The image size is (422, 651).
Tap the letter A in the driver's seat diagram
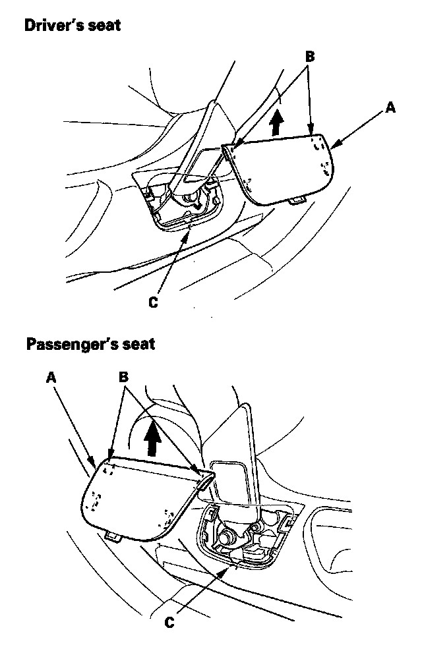pos(391,107)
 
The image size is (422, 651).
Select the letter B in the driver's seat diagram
pos(309,57)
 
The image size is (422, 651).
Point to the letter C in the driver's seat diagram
pos(153,302)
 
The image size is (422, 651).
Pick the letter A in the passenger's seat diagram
pos(51,377)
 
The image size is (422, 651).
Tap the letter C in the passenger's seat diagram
pos(169,621)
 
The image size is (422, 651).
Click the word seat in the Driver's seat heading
pos(107,27)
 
